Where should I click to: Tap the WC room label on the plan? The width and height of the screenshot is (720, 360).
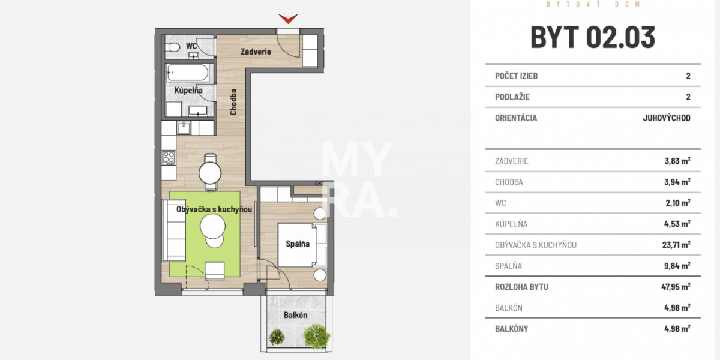(191, 46)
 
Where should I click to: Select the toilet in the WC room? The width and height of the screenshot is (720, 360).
(173, 47)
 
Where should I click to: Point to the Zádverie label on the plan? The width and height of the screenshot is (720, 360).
(256, 52)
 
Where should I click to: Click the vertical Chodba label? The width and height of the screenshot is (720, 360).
(233, 102)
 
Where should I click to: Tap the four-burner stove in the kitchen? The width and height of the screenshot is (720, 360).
(169, 158)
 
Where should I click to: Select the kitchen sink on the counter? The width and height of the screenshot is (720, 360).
(183, 127)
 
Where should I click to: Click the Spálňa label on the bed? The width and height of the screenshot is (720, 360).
(298, 244)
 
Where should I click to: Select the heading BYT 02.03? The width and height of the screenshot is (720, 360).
(593, 37)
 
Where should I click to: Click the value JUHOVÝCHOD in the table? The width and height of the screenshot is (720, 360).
(666, 118)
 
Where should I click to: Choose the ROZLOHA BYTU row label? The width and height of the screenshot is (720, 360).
(521, 287)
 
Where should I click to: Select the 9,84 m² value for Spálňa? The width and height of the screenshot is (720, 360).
(677, 266)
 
